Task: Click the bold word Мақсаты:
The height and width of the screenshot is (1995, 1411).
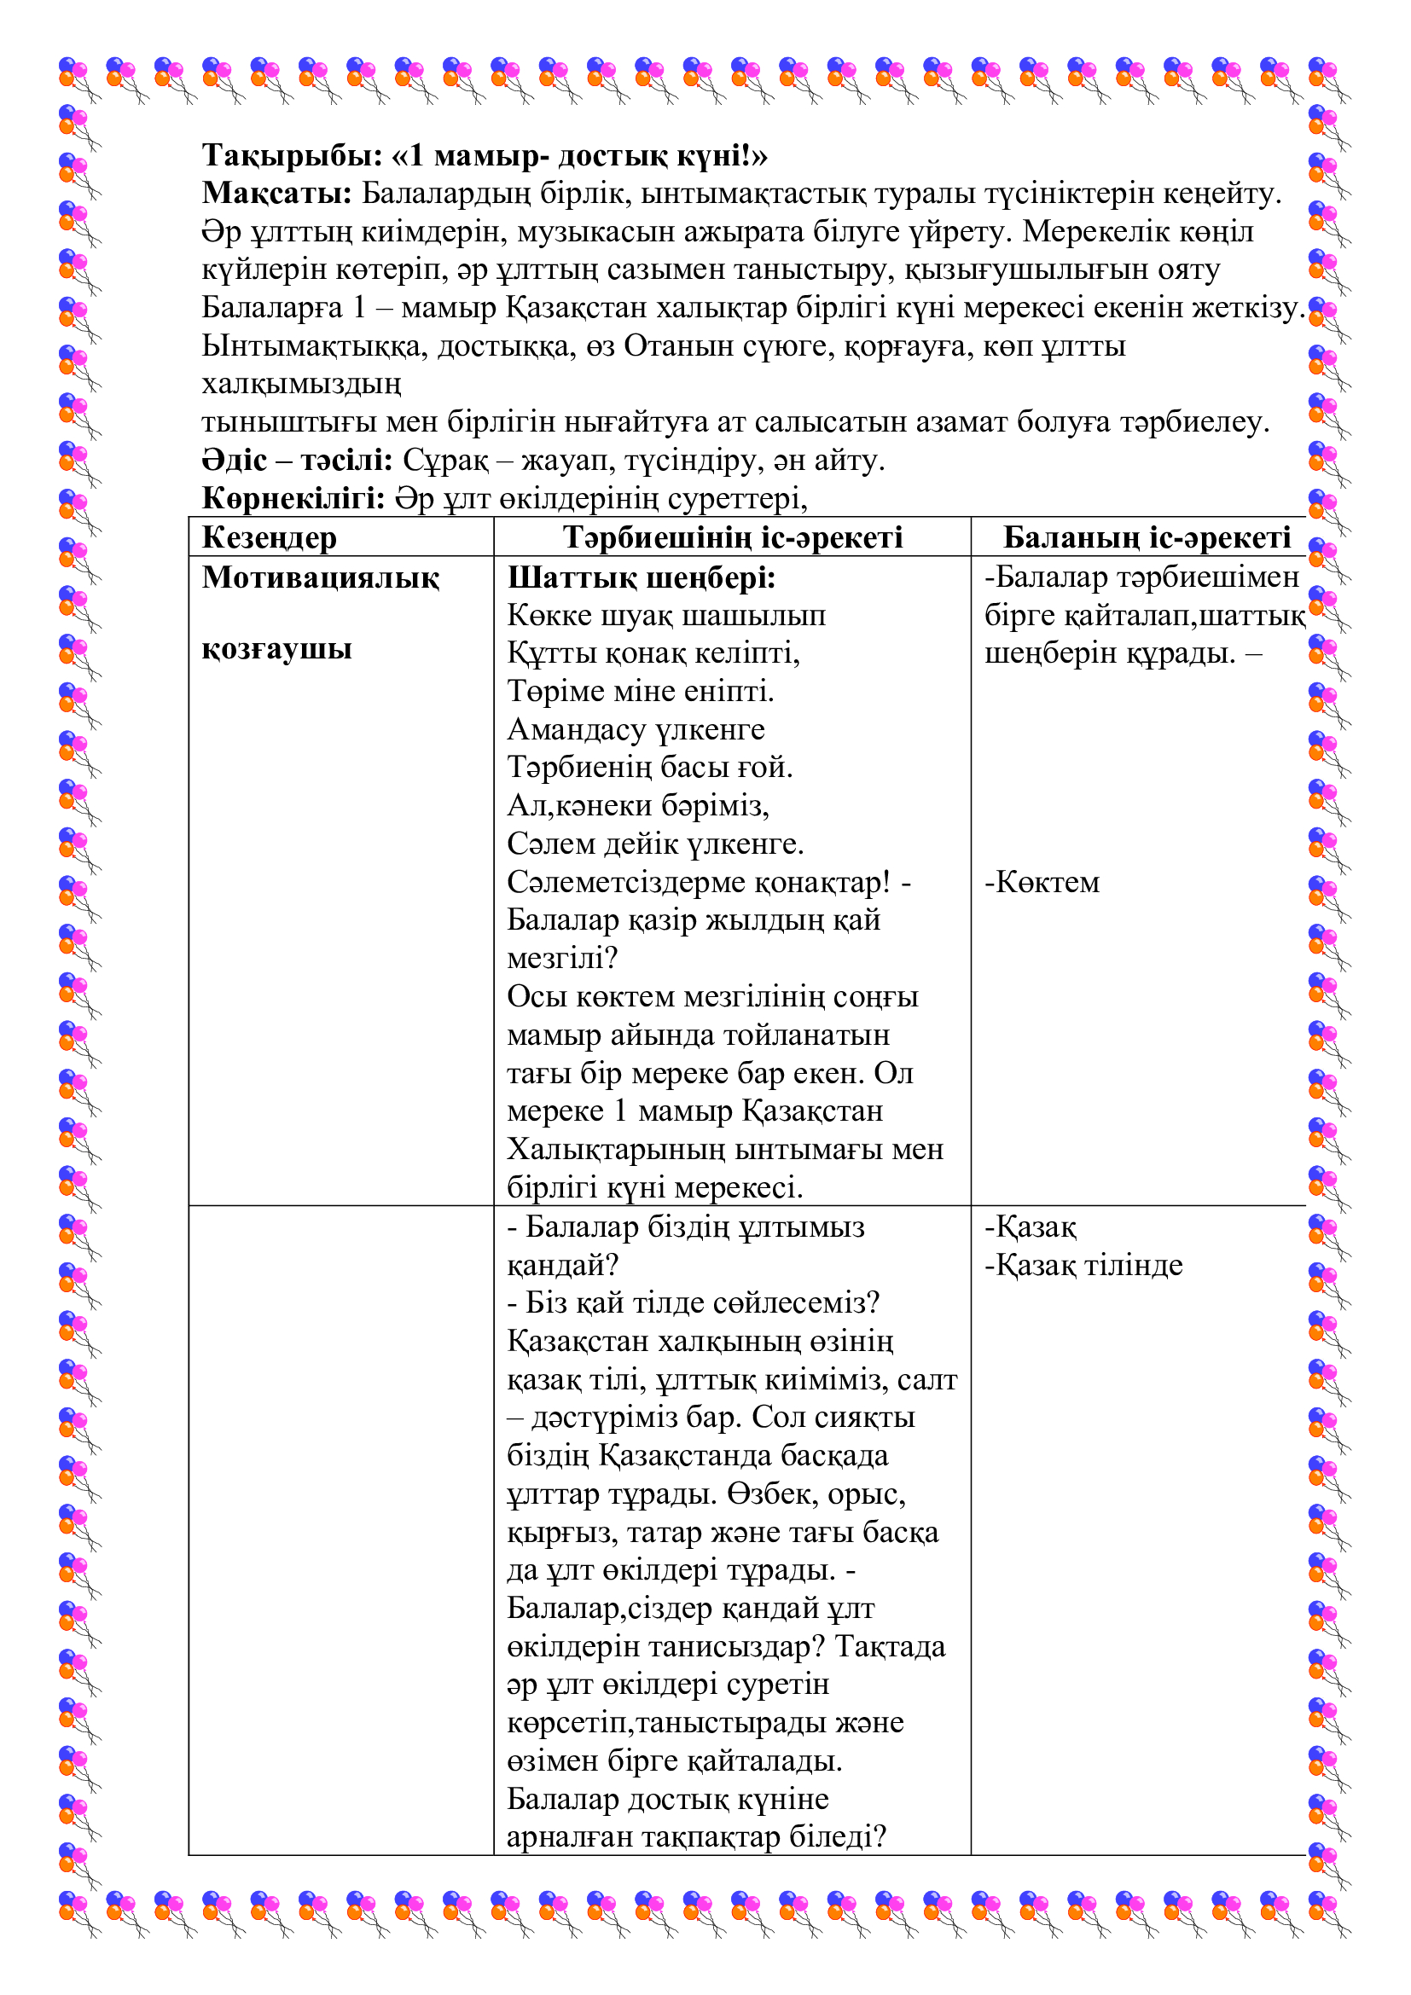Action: pos(276,194)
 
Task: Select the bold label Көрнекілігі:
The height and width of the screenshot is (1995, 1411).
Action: pos(293,499)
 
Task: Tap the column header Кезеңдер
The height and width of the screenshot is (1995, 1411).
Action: pos(269,538)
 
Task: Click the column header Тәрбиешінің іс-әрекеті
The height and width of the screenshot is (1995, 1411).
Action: pos(732,538)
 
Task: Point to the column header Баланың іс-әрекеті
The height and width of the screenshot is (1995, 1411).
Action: pos(1146,538)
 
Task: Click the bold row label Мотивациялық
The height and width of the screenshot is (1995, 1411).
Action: pos(321,577)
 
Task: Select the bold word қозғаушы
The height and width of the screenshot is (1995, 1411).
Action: pos(276,649)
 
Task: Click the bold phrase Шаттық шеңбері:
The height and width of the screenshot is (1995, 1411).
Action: pos(641,577)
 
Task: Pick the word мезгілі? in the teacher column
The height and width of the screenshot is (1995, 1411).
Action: pos(561,960)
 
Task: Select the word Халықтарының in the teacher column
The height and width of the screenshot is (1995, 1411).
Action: pos(616,1150)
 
